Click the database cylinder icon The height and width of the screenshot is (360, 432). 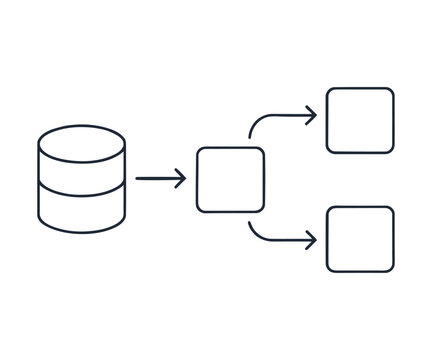81,179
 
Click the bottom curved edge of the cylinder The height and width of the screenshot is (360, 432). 81,231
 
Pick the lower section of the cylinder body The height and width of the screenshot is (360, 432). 81,212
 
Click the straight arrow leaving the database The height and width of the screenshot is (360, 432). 160,179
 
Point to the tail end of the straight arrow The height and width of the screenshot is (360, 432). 138,179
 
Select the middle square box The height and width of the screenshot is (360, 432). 230,180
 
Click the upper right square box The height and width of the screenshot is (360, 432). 360,120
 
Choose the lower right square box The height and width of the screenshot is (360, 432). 360,239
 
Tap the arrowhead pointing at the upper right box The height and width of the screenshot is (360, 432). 312,115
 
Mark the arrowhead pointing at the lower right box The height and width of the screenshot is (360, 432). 312,240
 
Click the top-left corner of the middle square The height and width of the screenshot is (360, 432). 199,150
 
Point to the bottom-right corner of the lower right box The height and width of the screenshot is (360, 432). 391,269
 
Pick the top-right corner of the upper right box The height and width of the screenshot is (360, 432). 391,90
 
